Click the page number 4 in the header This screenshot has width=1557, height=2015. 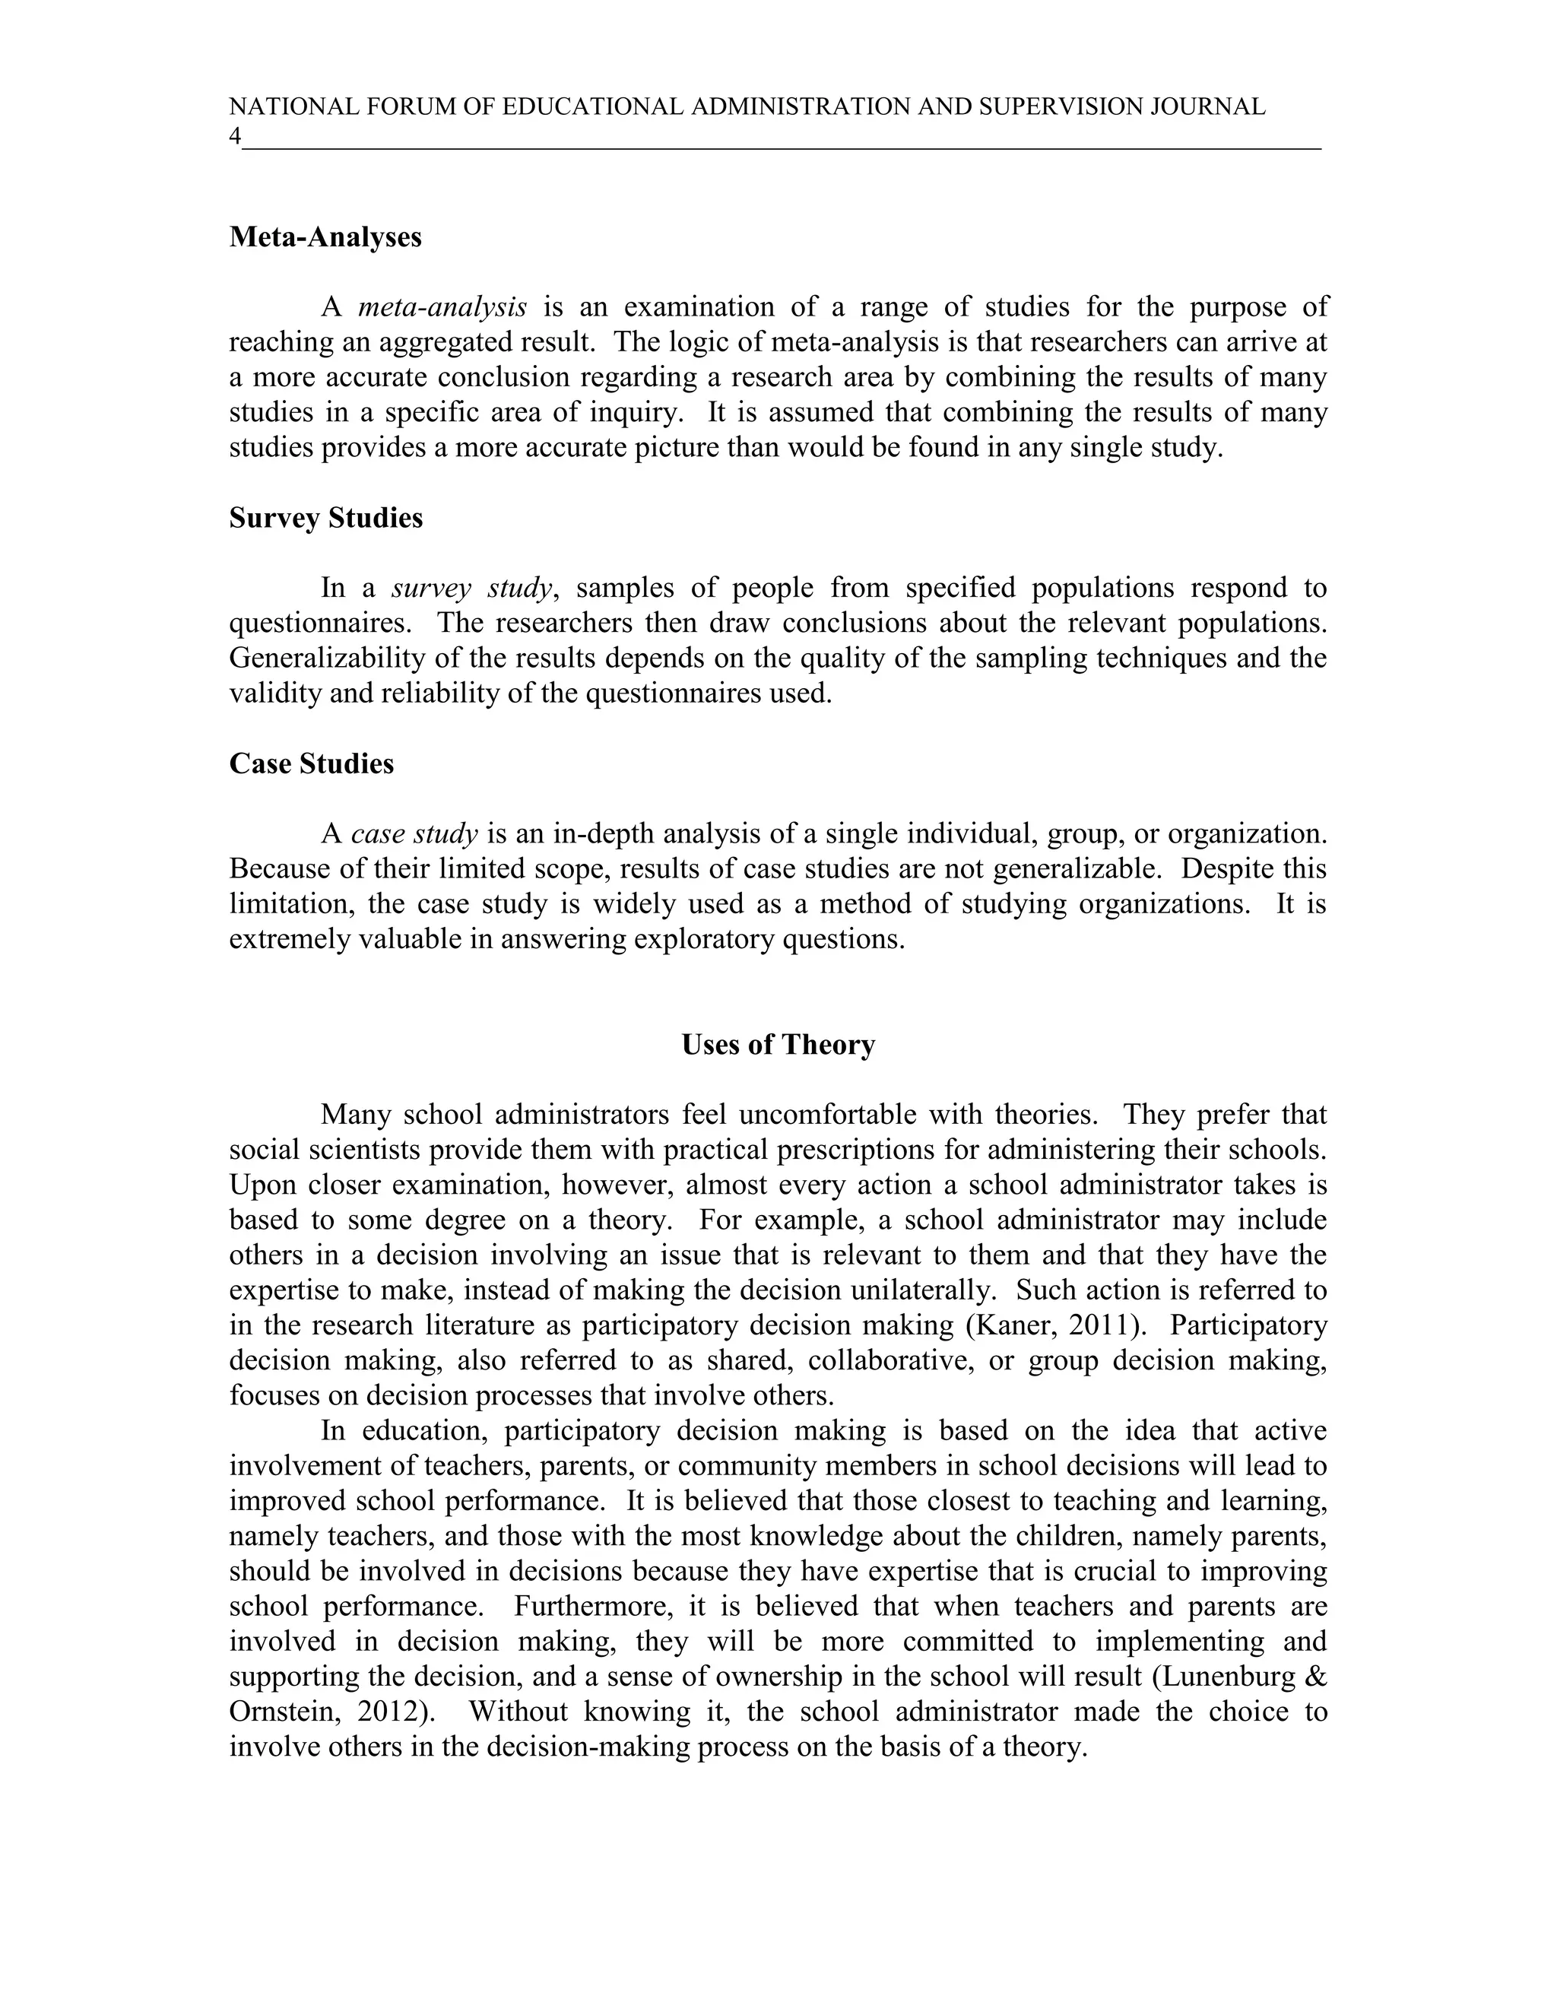pyautogui.click(x=235, y=137)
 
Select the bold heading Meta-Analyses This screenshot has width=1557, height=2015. pyautogui.click(x=325, y=237)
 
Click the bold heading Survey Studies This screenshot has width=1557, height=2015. pyautogui.click(x=325, y=519)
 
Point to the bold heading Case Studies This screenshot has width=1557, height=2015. pyautogui.click(x=311, y=764)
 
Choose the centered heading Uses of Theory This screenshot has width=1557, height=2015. pyautogui.click(x=778, y=1045)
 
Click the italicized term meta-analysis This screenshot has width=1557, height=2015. pyautogui.click(x=442, y=307)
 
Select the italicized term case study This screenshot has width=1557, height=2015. pyautogui.click(x=414, y=834)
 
